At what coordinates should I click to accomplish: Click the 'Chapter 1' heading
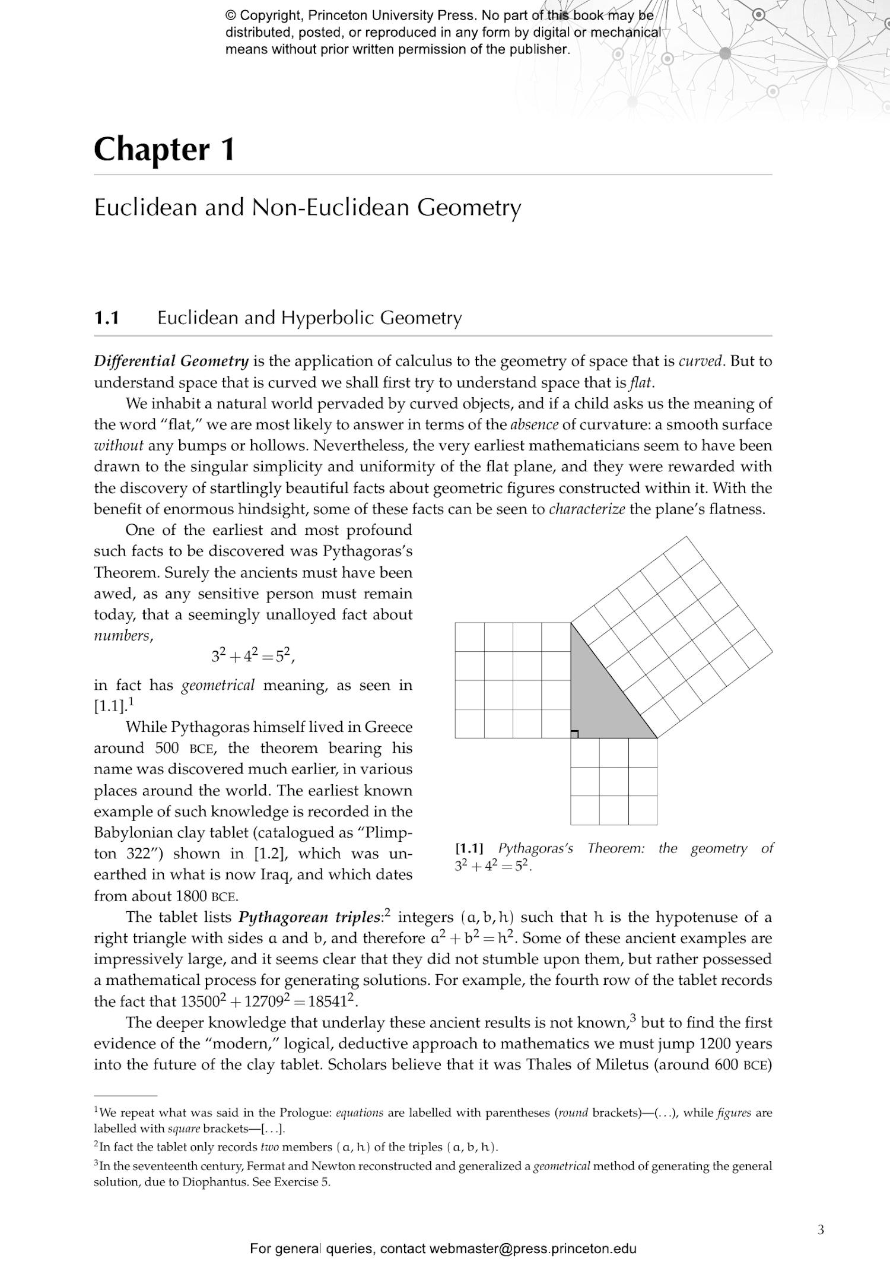(164, 150)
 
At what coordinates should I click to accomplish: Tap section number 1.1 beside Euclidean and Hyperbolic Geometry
(107, 318)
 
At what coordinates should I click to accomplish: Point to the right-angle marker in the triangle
(574, 734)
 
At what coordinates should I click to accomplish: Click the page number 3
(821, 1229)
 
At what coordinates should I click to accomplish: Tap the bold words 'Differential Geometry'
(171, 361)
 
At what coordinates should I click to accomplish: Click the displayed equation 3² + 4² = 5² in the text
(253, 656)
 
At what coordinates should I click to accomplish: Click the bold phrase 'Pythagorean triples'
(309, 917)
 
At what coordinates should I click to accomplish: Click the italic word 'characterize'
(587, 509)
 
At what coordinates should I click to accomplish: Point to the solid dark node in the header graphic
(725, 53)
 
